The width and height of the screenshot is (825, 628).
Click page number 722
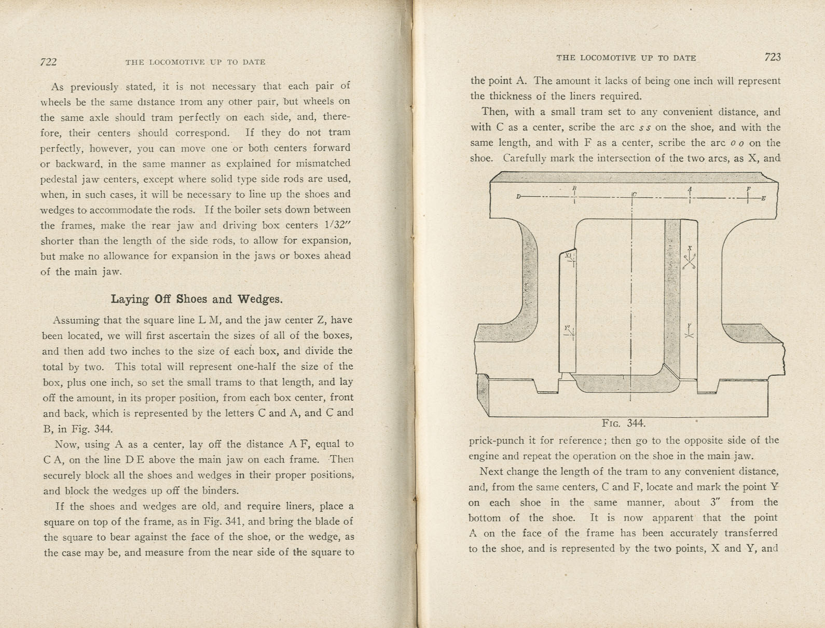48,62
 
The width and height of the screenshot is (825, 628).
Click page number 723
772,57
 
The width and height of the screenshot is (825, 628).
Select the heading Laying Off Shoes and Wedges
197,299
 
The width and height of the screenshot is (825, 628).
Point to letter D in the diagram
518,197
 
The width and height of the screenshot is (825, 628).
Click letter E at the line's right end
763,198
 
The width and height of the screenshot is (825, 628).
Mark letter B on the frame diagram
574,188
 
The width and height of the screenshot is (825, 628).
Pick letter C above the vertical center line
635,195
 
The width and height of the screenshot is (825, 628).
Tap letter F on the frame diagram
748,189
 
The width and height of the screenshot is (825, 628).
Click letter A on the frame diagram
690,188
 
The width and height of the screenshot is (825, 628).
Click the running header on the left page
195,62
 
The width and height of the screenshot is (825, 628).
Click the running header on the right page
626,58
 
